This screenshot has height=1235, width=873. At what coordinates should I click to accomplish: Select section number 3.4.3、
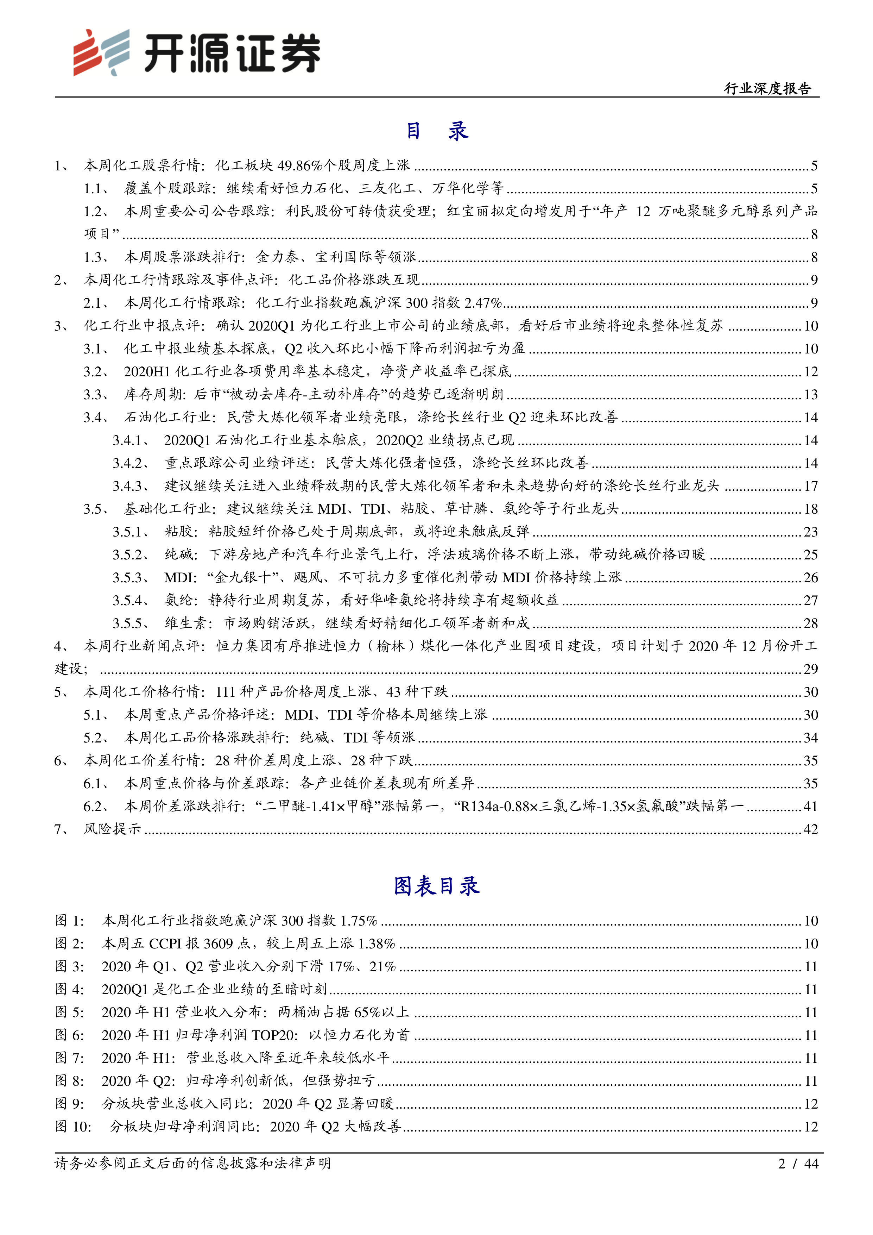131,486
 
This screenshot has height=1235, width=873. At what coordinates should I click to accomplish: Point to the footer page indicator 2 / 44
798,1164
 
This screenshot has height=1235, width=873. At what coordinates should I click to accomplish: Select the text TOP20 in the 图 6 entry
273,1035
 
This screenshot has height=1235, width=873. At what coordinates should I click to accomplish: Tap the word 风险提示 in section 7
112,829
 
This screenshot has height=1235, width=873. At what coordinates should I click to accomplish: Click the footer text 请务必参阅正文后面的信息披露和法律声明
192,1164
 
